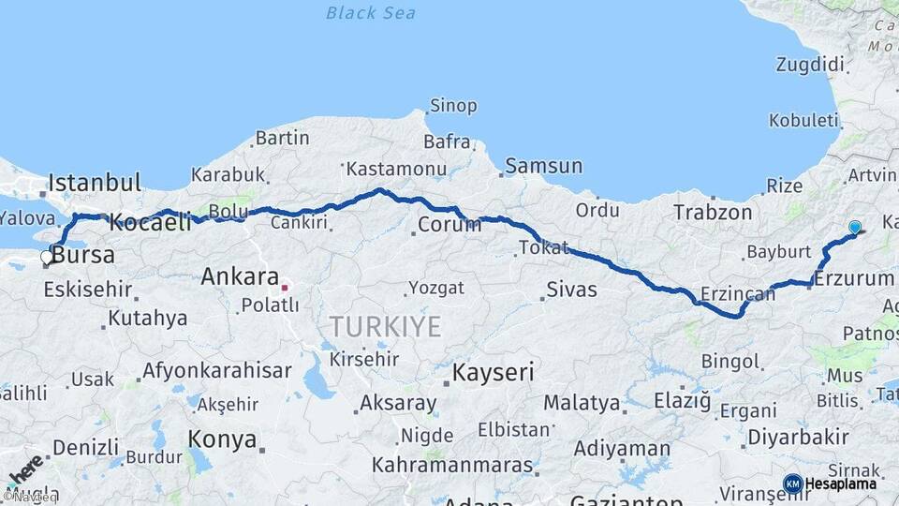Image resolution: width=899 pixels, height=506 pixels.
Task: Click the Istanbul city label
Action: pos(95,182)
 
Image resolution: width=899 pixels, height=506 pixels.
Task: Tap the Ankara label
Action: pos(240,276)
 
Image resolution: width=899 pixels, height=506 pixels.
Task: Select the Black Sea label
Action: pos(371,13)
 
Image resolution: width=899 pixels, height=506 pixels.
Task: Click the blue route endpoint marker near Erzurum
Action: pos(854,227)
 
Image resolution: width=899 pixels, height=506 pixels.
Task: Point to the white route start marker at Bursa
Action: pos(47,257)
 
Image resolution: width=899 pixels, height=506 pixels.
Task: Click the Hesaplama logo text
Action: pos(842,484)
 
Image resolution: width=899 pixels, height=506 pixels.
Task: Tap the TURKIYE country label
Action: pos(384,327)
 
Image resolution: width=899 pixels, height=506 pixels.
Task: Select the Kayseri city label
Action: pos(493,372)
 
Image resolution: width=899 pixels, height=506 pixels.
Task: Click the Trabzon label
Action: pos(713,213)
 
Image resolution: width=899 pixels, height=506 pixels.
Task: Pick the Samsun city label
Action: pos(543,167)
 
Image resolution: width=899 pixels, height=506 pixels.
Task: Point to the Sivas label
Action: pos(571,290)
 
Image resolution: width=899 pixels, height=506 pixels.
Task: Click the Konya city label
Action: pos(222,439)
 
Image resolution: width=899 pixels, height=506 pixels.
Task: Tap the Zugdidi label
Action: pos(810,65)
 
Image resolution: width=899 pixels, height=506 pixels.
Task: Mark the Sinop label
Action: pos(453,106)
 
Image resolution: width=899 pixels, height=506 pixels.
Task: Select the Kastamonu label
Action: pos(395,170)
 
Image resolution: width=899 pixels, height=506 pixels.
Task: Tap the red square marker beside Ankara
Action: pos(285,287)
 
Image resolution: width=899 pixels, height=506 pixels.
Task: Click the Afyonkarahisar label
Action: pos(217,370)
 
